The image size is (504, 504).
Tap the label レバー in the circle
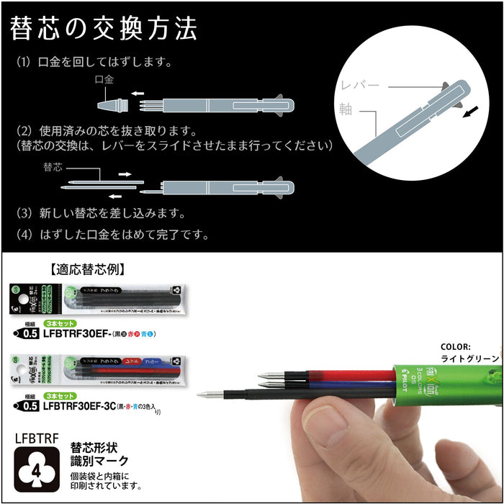click(x=360, y=86)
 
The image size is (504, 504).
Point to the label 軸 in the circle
click(x=346, y=108)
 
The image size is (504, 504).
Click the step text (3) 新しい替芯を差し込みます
click(x=102, y=214)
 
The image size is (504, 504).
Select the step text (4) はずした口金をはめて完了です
click(x=112, y=234)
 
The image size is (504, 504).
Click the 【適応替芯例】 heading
click(x=89, y=271)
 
